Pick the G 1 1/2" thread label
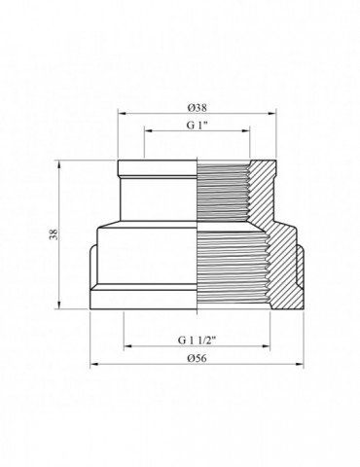(x=198, y=341)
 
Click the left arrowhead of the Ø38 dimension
(x=122, y=113)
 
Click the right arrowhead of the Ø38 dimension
(x=274, y=113)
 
